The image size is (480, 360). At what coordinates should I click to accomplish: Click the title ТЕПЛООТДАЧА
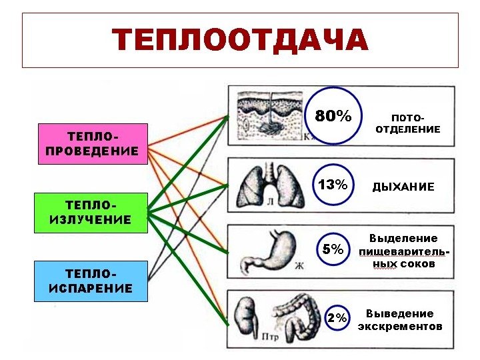(240, 40)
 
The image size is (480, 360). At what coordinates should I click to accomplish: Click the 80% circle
(333, 116)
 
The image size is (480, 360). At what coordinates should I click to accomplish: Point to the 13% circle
(333, 185)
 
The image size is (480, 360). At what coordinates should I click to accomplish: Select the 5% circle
(333, 250)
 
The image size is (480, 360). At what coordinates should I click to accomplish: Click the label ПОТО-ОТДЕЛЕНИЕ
(407, 123)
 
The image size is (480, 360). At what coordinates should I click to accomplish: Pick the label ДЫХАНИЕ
(403, 187)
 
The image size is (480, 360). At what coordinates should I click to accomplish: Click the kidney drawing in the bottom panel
(246, 317)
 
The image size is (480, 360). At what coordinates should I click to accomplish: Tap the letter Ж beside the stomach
(299, 266)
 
